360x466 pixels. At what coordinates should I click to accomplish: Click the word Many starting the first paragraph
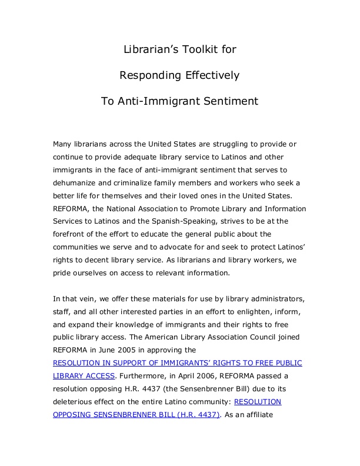tap(64, 144)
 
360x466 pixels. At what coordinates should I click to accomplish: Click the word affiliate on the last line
tap(276, 415)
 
